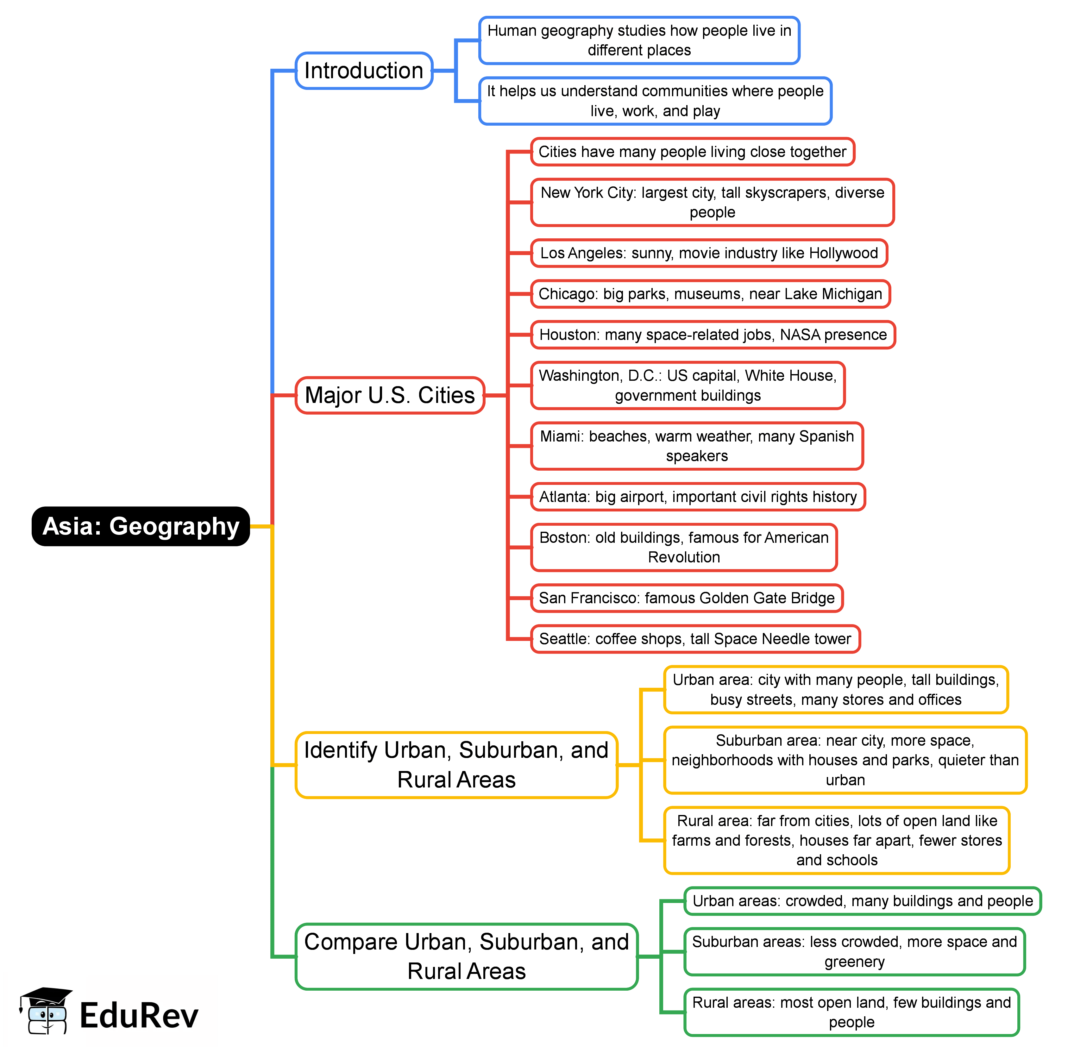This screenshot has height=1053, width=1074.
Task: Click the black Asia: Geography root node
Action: click(x=141, y=526)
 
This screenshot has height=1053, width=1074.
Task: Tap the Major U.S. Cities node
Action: click(x=390, y=395)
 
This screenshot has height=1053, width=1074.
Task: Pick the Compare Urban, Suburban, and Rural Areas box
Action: click(x=466, y=956)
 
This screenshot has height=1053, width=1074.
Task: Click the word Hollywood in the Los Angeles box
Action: click(x=843, y=253)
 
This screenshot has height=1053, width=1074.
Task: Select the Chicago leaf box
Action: click(x=710, y=294)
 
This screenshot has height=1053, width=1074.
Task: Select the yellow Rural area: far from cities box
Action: click(x=836, y=840)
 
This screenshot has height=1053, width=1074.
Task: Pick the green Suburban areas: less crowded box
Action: click(x=854, y=951)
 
